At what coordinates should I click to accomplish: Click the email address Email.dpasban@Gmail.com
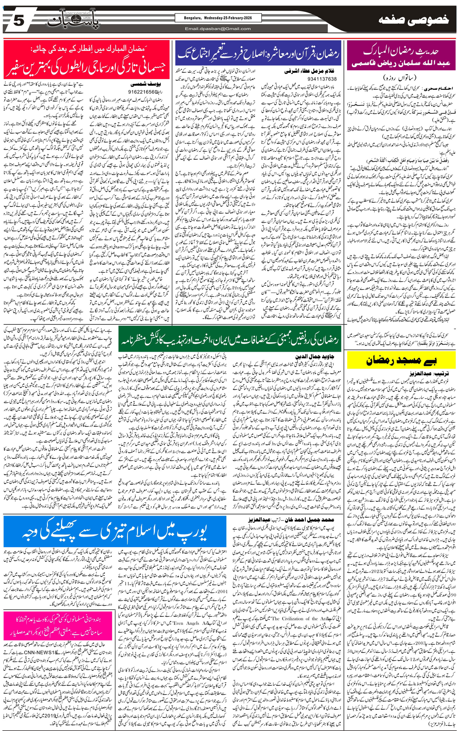[x=218, y=29]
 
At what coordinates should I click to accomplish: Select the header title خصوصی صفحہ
[x=414, y=21]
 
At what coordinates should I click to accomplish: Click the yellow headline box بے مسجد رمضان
[x=401, y=360]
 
